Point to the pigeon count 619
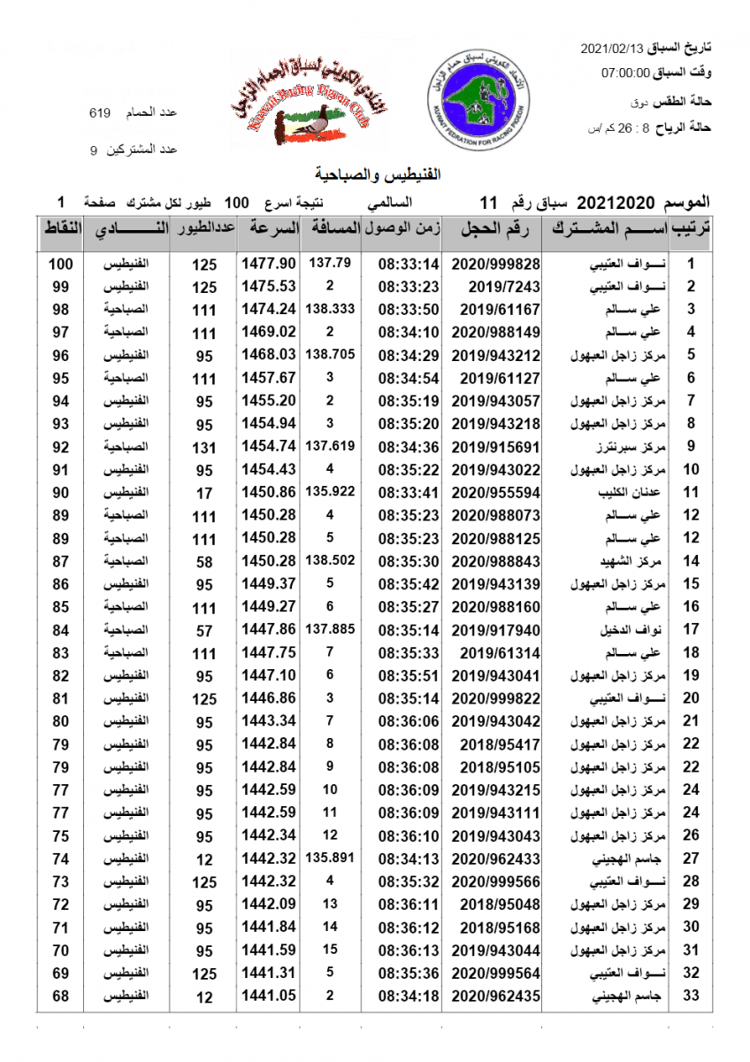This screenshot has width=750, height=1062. pyautogui.click(x=100, y=113)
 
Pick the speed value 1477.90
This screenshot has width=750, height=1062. pyautogui.click(x=267, y=264)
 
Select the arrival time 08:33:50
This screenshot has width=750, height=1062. pyautogui.click(x=409, y=310)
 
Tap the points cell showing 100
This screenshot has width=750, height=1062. pyautogui.click(x=60, y=264)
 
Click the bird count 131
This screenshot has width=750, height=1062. pyautogui.click(x=204, y=447)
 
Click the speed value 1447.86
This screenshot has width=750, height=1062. pyautogui.click(x=267, y=629)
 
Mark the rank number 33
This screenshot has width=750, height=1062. pyautogui.click(x=693, y=996)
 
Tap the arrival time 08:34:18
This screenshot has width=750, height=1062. pyautogui.click(x=409, y=996)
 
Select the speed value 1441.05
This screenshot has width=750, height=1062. pyautogui.click(x=267, y=996)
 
